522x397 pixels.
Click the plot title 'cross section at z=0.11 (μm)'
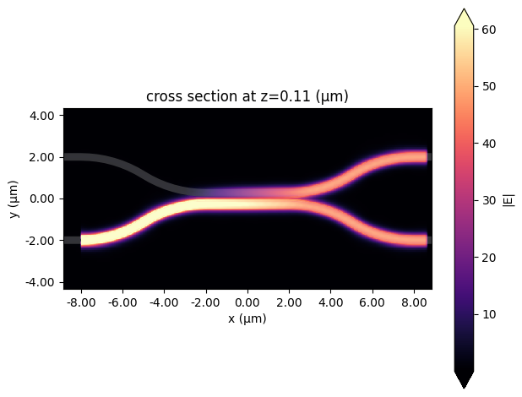247,97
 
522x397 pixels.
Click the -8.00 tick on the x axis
81,302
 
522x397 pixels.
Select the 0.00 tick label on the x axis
247,302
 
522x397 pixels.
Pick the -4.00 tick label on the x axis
165,302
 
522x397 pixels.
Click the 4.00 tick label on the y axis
43,116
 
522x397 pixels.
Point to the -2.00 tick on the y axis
43,241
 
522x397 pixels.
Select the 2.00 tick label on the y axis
43,157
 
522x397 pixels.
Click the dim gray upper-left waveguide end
72,157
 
